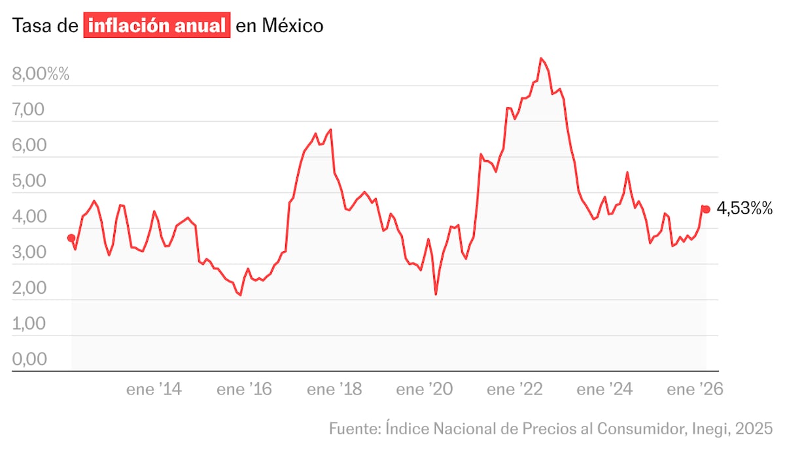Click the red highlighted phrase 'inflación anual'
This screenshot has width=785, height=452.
point(157,26)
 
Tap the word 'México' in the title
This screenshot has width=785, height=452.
point(292,26)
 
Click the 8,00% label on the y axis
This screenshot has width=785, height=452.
point(41,74)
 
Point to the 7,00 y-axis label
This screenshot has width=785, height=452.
point(28,110)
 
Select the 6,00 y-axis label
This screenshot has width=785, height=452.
point(28,145)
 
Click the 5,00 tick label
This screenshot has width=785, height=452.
point(28,181)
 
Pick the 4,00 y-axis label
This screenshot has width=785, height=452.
point(28,217)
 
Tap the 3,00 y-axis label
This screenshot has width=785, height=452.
point(28,252)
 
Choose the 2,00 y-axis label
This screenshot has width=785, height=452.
point(28,288)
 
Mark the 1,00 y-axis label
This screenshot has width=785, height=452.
point(28,324)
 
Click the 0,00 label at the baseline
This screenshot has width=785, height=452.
point(28,359)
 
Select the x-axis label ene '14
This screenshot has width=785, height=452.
point(154,390)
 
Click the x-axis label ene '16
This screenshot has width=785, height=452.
point(244,390)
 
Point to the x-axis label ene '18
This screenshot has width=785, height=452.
point(334,390)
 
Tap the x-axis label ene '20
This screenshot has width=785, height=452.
point(424,390)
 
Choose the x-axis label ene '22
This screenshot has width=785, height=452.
point(514,390)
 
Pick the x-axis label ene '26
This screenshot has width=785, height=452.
point(694,390)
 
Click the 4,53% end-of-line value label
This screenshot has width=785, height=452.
point(745,209)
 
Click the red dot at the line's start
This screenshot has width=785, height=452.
point(71,238)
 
